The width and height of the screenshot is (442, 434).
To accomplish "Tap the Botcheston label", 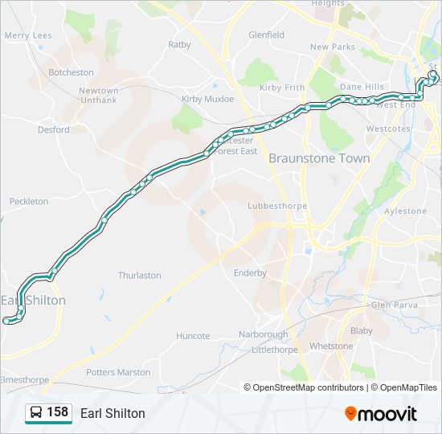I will pos(71,72).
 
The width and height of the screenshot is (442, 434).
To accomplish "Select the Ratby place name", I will pos(179,45).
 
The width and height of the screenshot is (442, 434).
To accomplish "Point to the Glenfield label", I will pos(266,35).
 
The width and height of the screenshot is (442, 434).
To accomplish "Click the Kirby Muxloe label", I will pos(207,99).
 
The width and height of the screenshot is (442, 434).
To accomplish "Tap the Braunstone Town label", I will pos(319,158).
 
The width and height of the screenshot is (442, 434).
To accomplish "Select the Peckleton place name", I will pos(29,201).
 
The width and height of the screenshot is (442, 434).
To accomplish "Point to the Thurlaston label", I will pos(139,276).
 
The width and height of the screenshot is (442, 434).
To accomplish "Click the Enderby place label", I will pos(250,273).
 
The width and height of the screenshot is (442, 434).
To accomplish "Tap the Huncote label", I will pos(193,336).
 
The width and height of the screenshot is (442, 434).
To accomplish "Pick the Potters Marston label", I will pos(118,372).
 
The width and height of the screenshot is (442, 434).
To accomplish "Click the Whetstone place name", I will pos(331,346).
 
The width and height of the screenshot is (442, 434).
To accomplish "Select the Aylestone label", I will pos(406,211).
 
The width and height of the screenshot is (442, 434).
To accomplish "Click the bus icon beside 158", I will pos(36,413).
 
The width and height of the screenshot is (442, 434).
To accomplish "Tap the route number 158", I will pos(57,412).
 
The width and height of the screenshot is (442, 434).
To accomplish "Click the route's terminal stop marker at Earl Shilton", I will pos(6,321).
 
